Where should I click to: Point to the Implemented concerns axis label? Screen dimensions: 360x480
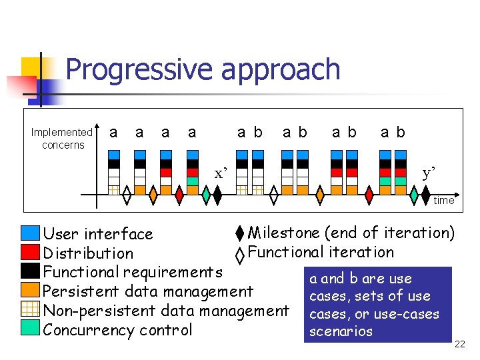click(x=62, y=139)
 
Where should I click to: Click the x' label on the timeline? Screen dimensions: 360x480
click(x=221, y=174)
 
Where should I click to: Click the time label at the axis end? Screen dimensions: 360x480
click(x=443, y=200)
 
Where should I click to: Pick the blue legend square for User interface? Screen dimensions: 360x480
click(x=31, y=233)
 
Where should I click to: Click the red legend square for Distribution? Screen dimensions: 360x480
click(x=31, y=252)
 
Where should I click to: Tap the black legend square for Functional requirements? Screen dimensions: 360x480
click(x=31, y=271)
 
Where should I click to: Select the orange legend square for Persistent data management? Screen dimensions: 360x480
click(x=31, y=290)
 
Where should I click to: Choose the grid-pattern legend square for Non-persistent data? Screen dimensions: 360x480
click(x=31, y=309)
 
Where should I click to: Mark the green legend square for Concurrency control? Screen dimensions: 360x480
click(x=31, y=329)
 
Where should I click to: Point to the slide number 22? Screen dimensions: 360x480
click(x=459, y=344)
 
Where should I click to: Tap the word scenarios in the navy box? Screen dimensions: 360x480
click(x=341, y=331)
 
